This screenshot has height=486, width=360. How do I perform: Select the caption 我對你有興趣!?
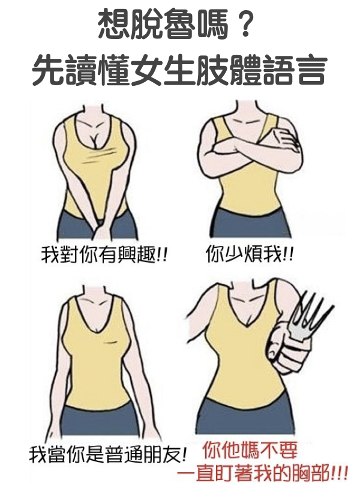tap(104, 255)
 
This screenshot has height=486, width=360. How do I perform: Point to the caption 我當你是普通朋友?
tap(108, 454)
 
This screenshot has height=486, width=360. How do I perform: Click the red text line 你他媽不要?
tap(250, 451)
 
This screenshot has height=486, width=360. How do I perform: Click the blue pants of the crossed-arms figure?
tap(251, 221)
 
